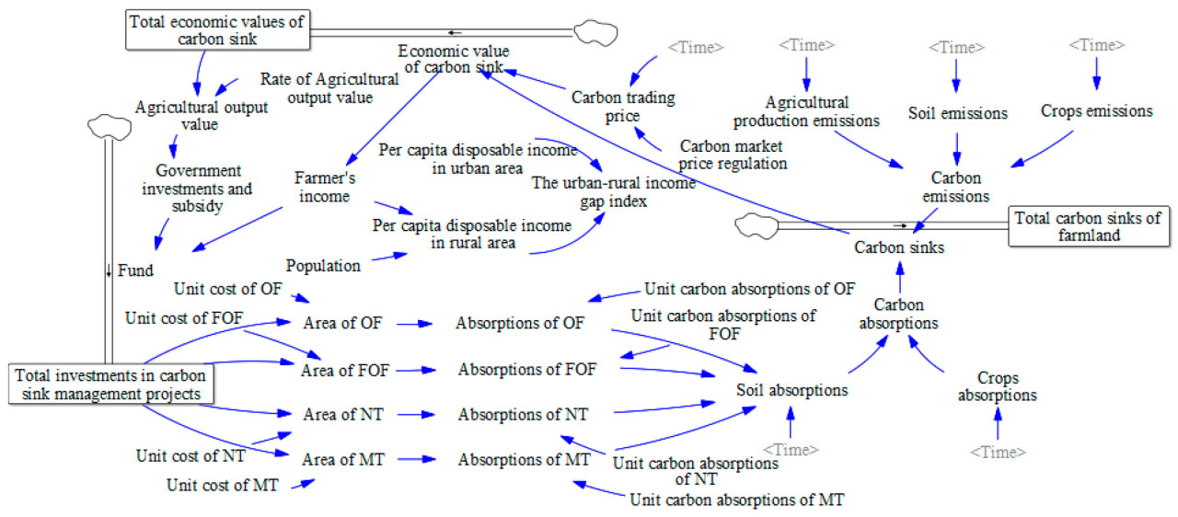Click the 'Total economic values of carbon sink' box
coord(216,29)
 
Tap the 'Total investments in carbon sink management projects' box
coord(110,385)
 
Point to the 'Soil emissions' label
coord(957,113)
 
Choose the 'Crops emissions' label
coord(1097,110)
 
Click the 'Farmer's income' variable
coord(324,186)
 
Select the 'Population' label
coord(323,266)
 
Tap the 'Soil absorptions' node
coord(791,389)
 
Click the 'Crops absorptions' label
coord(997,386)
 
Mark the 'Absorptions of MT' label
coord(524,459)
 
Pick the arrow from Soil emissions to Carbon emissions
coord(957,147)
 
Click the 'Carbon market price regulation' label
coord(733,155)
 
